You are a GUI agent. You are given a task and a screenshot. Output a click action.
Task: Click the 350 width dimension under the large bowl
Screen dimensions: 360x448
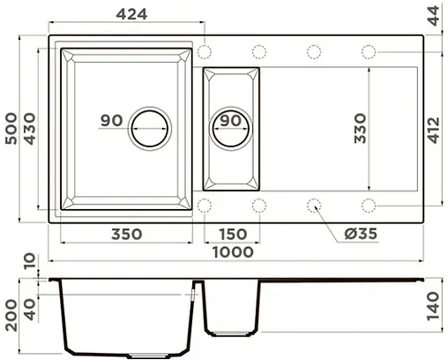[128, 234]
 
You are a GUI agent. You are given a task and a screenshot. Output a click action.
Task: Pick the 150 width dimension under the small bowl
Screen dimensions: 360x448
[232, 234]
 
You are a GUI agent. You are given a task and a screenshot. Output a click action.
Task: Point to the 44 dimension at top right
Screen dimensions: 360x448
[434, 15]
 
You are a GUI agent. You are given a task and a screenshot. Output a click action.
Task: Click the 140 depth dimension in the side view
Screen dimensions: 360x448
[434, 310]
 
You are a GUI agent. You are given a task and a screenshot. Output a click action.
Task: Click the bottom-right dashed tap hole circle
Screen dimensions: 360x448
[368, 205]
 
